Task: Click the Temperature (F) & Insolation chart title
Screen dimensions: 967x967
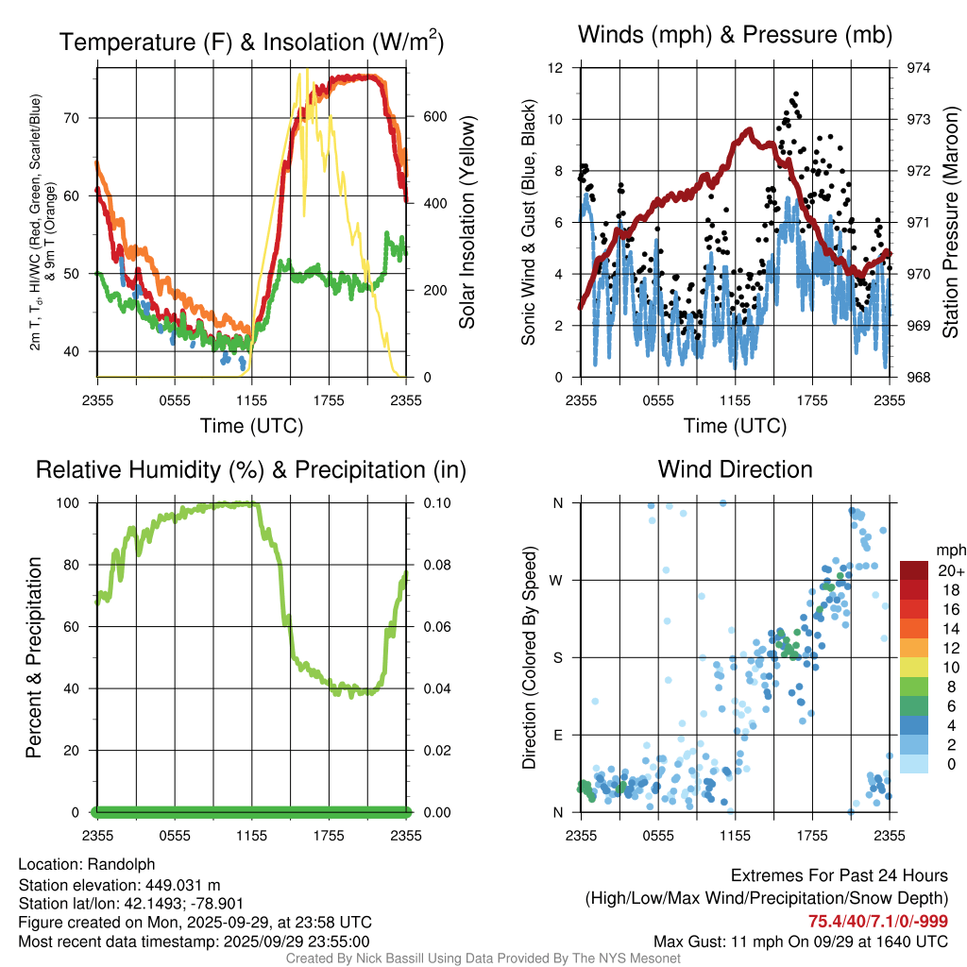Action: [x=251, y=42]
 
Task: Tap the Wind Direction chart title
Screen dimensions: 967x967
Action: [x=735, y=468]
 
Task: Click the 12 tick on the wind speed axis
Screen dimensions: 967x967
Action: [x=556, y=68]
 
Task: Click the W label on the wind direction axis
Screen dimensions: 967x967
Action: [x=557, y=580]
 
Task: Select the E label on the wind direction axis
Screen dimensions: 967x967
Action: [x=558, y=735]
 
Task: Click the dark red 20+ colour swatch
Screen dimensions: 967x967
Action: [x=916, y=569]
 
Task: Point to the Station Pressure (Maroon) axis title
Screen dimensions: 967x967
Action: [x=950, y=222]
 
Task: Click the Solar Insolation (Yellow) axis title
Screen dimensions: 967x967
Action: [x=467, y=222]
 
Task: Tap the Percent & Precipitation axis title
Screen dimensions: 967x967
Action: [x=31, y=657]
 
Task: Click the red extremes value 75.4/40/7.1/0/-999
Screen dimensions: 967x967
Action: [x=878, y=922]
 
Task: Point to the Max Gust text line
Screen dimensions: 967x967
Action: [x=801, y=941]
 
